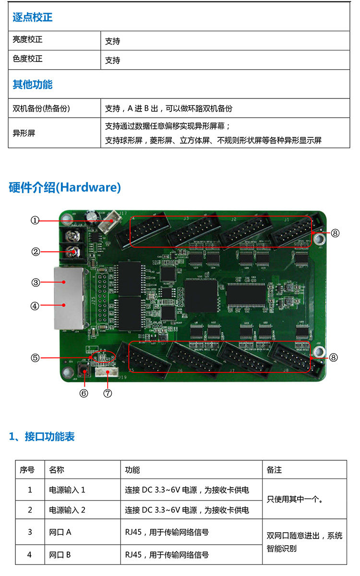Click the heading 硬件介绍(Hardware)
click(x=65, y=187)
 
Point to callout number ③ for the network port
click(x=35, y=282)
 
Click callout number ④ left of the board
click(x=35, y=306)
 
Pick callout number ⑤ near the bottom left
click(x=35, y=357)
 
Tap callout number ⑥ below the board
click(x=84, y=393)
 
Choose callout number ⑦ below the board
click(x=108, y=393)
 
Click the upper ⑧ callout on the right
click(x=335, y=233)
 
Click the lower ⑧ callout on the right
click(x=335, y=357)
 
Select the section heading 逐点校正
click(x=32, y=18)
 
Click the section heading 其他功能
click(x=32, y=85)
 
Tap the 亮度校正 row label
click(x=27, y=40)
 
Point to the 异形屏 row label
click(x=24, y=133)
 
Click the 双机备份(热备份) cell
click(x=41, y=109)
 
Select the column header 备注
click(x=274, y=470)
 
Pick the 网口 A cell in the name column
click(x=60, y=532)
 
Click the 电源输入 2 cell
click(x=67, y=510)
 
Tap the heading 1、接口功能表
click(x=42, y=437)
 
